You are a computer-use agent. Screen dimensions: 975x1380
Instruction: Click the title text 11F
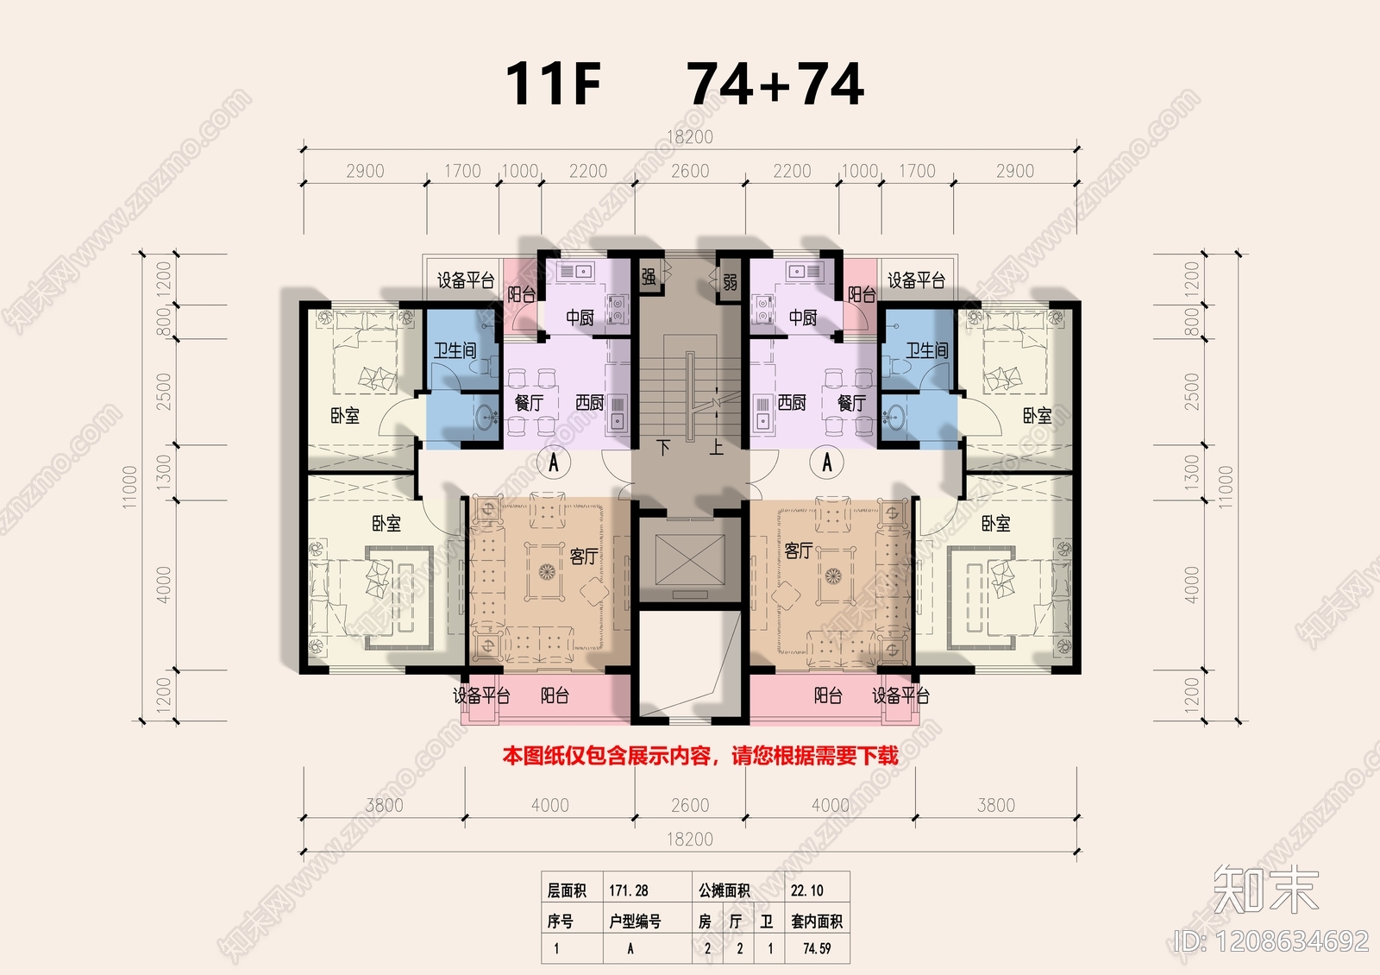tap(552, 84)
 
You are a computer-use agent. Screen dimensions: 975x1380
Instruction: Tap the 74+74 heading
tap(775, 84)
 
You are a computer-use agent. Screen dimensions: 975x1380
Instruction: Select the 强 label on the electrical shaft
tap(649, 276)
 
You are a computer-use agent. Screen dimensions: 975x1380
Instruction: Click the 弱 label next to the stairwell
tap(730, 282)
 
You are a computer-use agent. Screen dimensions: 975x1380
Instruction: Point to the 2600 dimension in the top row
tap(690, 171)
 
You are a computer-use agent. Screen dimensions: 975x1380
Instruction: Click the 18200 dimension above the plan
tap(690, 136)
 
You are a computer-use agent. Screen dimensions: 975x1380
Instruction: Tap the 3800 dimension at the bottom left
tap(384, 805)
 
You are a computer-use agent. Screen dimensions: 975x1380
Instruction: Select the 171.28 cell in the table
tap(629, 890)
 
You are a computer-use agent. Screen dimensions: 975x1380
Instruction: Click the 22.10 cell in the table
tap(806, 890)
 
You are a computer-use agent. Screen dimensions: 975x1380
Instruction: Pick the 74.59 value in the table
tap(816, 948)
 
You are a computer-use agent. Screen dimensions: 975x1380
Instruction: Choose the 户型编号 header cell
tap(635, 922)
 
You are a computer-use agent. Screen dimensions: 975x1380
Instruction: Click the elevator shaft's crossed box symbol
tap(690, 557)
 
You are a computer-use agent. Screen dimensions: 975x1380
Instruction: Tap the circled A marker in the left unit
tap(554, 462)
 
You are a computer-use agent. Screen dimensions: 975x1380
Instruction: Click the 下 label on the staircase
tap(663, 447)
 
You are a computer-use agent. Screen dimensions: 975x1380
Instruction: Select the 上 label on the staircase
tap(716, 447)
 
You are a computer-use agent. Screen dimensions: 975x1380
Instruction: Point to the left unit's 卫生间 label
tap(455, 350)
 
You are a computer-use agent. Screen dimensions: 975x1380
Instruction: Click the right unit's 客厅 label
tap(799, 550)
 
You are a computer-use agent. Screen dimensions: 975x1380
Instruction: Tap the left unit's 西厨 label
tap(590, 403)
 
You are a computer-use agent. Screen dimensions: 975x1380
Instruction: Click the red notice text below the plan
tap(700, 757)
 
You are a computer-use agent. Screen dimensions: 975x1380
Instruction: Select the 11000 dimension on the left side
tap(129, 487)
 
